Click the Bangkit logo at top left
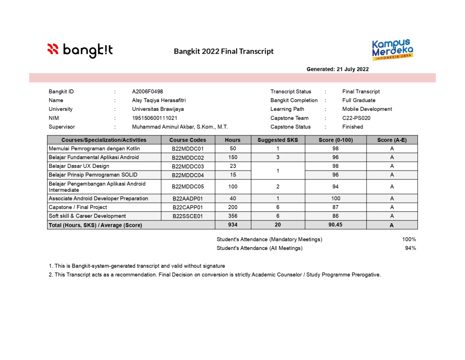click(80, 50)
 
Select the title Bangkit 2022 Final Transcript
click(223, 51)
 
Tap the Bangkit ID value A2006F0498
click(147, 92)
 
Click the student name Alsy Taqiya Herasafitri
click(158, 100)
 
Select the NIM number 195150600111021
click(154, 118)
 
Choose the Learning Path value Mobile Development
click(367, 109)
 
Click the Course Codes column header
click(188, 140)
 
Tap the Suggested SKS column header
click(277, 140)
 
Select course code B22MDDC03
click(188, 166)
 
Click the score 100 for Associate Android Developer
click(336, 199)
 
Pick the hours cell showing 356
click(232, 216)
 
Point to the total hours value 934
click(232, 225)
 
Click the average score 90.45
click(336, 225)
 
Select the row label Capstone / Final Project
click(78, 207)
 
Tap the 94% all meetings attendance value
click(410, 248)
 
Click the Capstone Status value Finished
click(352, 127)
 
